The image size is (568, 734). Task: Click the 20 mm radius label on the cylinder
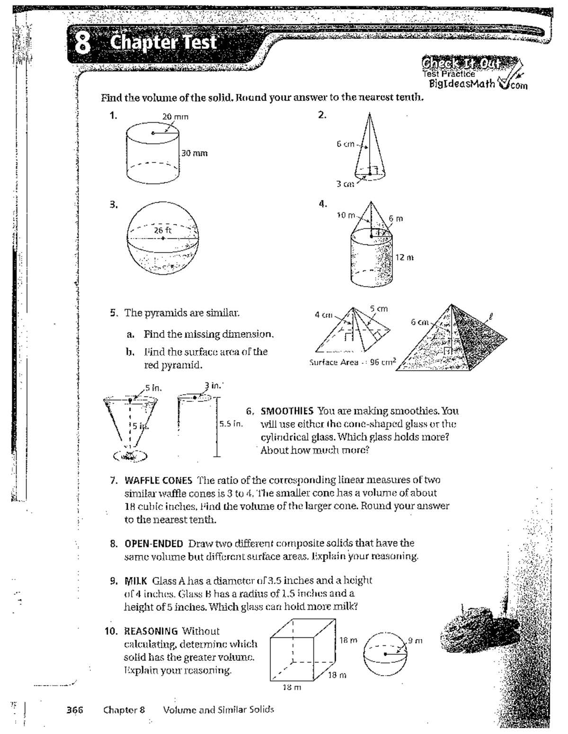point(175,117)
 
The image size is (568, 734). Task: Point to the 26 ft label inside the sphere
point(162,230)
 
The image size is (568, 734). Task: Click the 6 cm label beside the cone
point(346,144)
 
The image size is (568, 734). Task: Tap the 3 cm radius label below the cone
point(345,184)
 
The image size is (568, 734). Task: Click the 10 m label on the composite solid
point(346,216)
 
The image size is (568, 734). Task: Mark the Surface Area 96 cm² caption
point(353,362)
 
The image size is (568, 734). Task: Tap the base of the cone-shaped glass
point(130,456)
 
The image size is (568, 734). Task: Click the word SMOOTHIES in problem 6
point(287,411)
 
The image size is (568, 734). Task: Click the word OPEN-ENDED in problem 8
point(153,543)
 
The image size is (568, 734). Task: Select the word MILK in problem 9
point(136,580)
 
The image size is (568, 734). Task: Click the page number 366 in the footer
point(74,709)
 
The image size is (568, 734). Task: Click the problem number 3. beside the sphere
point(114,205)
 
